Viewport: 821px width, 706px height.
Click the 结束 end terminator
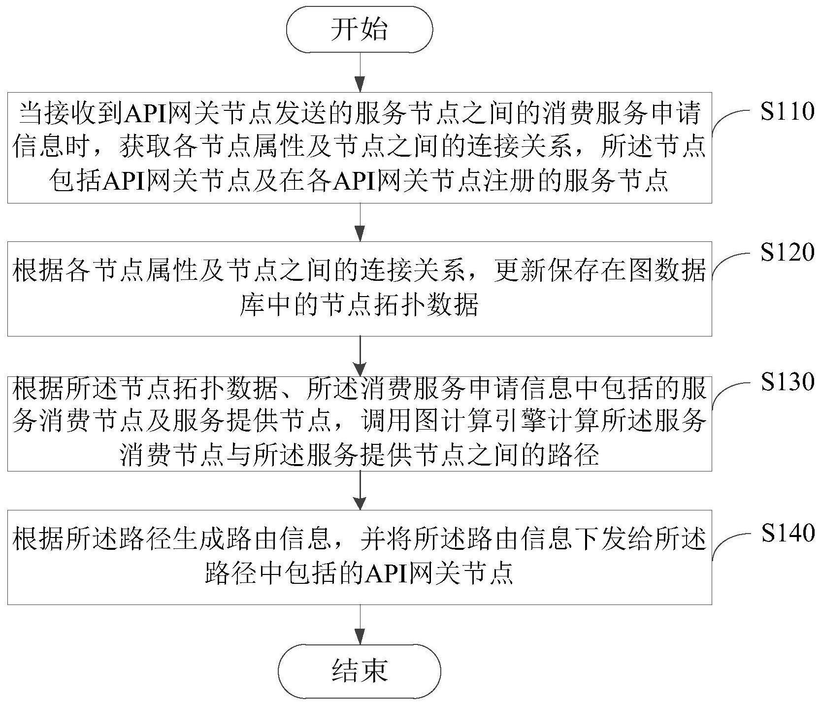(360, 670)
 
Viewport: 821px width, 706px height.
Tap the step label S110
(787, 111)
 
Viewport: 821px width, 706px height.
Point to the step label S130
(787, 382)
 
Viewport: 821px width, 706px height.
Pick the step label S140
(787, 533)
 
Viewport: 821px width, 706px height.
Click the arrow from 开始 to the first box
(361, 72)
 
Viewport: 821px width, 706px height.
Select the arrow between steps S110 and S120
(361, 222)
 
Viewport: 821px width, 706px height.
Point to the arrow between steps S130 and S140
(361, 490)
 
